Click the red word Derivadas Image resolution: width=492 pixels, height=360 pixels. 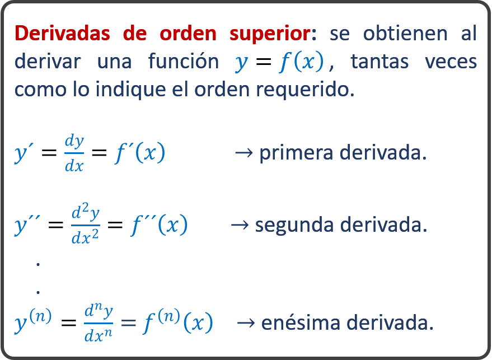[x=63, y=33]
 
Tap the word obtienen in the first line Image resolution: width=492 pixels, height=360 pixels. [x=405, y=33]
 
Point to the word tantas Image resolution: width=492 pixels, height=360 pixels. [x=379, y=61]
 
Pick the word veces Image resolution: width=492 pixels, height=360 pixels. [x=451, y=62]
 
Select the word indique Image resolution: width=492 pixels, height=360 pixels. [x=130, y=90]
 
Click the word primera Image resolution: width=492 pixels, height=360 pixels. [x=296, y=153]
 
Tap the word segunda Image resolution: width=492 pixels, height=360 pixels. [x=294, y=226]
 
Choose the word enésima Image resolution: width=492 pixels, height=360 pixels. [x=301, y=322]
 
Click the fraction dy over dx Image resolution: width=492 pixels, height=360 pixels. [x=74, y=153]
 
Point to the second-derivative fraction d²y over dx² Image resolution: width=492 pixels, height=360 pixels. [x=86, y=223]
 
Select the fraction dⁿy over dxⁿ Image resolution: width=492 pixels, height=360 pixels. [x=99, y=323]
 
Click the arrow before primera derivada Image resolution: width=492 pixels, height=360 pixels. [x=244, y=153]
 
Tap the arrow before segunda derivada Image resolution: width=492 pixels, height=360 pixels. [x=240, y=225]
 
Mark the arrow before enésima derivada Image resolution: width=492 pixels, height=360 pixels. [x=246, y=322]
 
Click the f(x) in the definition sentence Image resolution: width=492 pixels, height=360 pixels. [x=301, y=62]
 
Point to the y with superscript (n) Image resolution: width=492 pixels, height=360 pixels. [x=33, y=321]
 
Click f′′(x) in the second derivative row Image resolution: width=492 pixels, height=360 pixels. [x=160, y=225]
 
